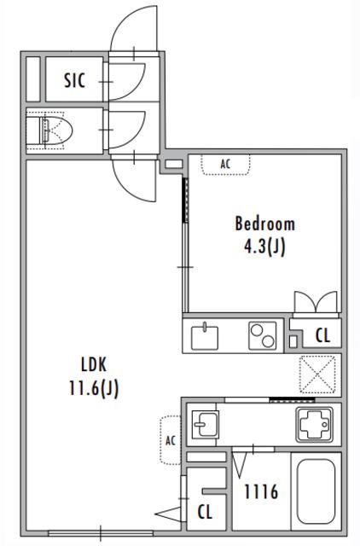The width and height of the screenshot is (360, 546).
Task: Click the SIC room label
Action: [x=75, y=80]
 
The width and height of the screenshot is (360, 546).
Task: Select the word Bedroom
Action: [x=265, y=224]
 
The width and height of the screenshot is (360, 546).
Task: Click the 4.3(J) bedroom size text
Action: [x=264, y=247]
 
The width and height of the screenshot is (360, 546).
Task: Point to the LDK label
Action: [x=94, y=364]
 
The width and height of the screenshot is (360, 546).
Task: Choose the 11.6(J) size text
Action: [x=94, y=388]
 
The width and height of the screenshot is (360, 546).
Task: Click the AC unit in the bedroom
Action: [x=225, y=164]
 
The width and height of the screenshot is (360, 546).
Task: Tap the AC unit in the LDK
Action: [x=171, y=440]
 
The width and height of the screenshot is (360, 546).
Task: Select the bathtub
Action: [x=316, y=491]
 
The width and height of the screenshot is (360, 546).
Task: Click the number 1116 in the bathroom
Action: [x=261, y=492]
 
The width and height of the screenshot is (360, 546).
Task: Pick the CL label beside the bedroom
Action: [x=322, y=335]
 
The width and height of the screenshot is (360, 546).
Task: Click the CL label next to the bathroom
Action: [x=205, y=512]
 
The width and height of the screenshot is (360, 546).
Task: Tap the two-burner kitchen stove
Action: [x=263, y=335]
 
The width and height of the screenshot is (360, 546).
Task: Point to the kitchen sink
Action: [x=205, y=337]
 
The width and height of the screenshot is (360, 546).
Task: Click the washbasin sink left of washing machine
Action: [x=206, y=424]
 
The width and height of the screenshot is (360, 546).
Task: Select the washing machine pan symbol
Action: [x=314, y=424]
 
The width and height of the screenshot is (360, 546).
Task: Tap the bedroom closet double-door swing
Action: [x=316, y=302]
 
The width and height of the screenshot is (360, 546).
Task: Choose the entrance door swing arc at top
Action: [x=134, y=28]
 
